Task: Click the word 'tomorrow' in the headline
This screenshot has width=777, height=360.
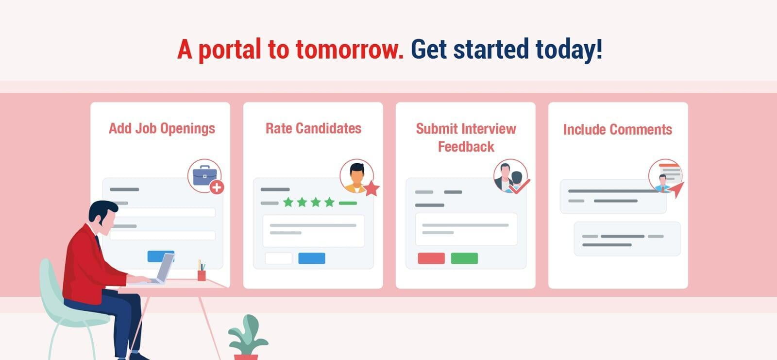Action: tap(350, 49)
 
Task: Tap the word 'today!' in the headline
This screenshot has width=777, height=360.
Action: tap(569, 49)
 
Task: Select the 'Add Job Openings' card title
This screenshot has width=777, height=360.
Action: tap(162, 129)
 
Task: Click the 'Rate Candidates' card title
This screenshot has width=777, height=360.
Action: tap(314, 128)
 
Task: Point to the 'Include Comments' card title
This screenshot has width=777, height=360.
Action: tap(617, 130)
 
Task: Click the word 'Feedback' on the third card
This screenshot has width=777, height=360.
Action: tap(466, 147)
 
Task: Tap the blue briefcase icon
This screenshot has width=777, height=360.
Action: tap(204, 175)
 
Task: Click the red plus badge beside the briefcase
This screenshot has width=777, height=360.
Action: tap(217, 188)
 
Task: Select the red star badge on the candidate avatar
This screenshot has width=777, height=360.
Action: tap(372, 189)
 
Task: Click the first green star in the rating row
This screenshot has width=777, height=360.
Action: tap(288, 202)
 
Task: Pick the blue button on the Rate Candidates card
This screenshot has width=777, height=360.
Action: tap(312, 258)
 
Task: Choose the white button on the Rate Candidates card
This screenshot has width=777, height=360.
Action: tap(279, 258)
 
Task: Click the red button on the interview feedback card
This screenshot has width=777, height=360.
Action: tap(431, 258)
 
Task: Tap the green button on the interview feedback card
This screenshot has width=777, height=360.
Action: tap(464, 258)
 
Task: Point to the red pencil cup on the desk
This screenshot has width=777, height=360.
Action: tap(202, 275)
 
